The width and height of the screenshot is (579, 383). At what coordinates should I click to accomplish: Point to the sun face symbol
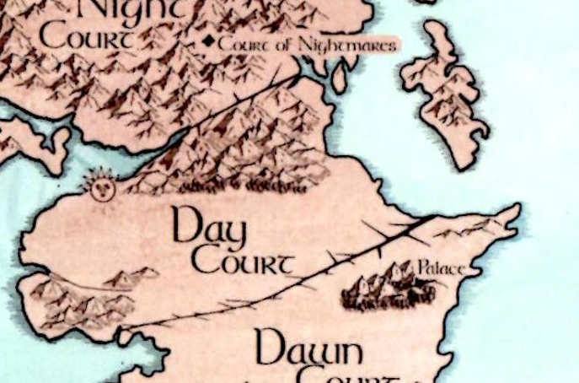tap(102, 185)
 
